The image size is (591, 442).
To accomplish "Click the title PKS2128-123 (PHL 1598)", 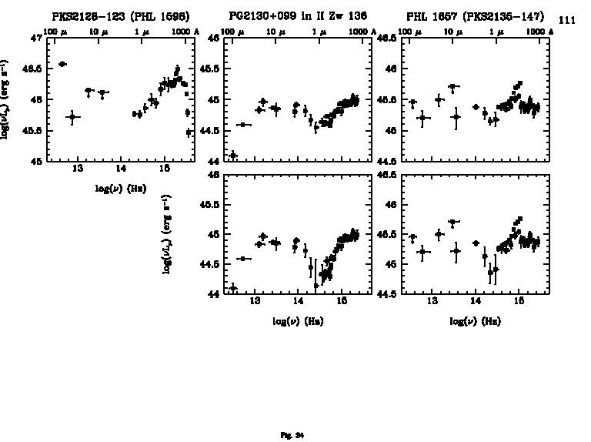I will tap(121, 16).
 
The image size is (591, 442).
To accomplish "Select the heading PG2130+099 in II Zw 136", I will tap(298, 16).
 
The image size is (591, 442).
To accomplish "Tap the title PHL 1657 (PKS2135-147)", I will tap(475, 16).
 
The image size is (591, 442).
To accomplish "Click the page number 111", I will tap(566, 21).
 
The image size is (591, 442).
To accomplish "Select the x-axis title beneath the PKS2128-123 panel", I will tap(121, 187).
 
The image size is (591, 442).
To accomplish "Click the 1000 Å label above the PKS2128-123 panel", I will tap(182, 31).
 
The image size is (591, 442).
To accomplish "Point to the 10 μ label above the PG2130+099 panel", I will tap(275, 31).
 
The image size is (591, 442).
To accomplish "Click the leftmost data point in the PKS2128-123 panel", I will tap(63, 64).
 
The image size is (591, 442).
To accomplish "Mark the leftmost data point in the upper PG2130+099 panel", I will tap(233, 156).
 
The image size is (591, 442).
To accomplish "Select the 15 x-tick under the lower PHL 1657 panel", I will tap(519, 301).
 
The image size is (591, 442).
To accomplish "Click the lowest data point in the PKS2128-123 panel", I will tap(189, 132).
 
